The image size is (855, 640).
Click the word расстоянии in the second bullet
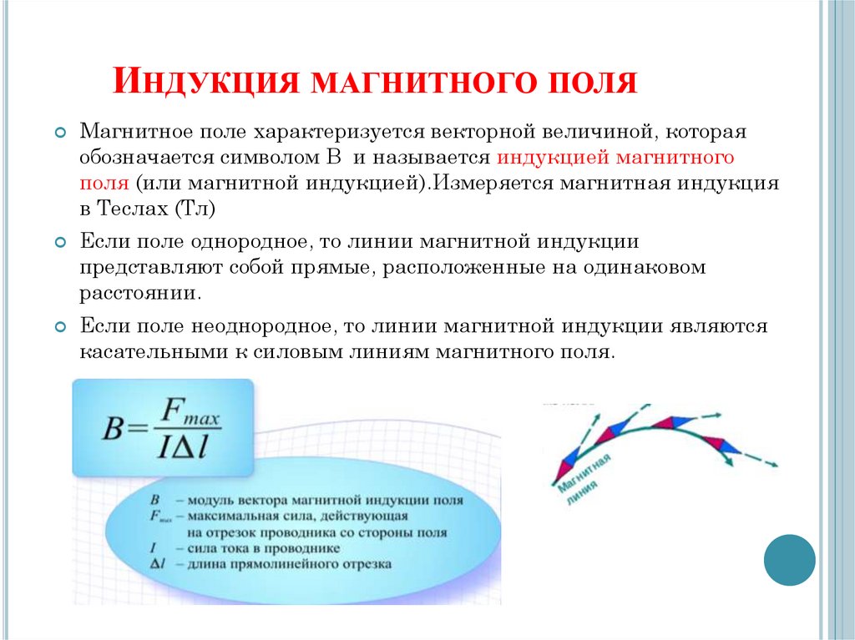point(139,294)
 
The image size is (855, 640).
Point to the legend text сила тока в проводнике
point(263,548)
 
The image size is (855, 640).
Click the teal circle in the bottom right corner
point(789,560)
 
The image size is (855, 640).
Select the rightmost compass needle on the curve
point(722,445)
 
